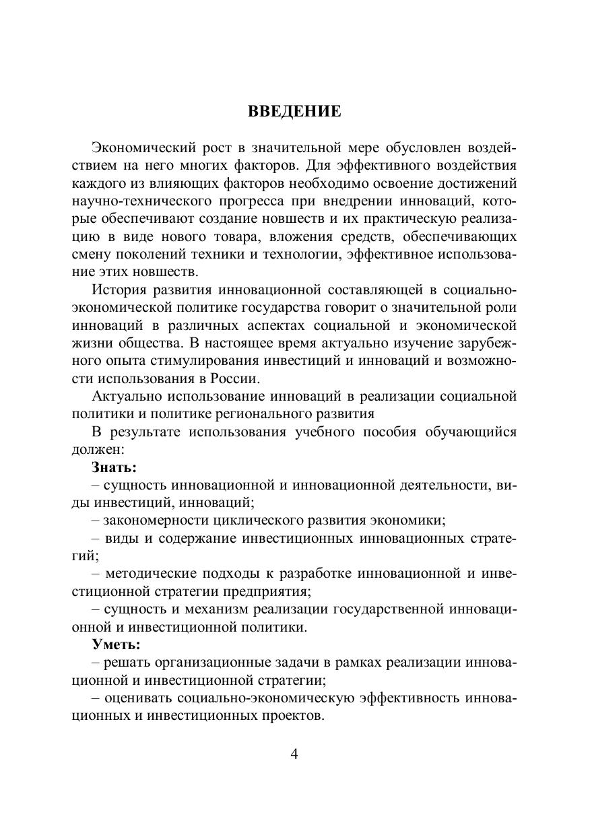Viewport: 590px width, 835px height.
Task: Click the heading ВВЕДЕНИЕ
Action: point(294,112)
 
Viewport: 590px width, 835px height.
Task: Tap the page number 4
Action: point(294,753)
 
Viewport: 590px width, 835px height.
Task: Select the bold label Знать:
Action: point(114,466)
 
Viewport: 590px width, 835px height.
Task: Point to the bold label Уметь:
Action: point(116,644)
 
